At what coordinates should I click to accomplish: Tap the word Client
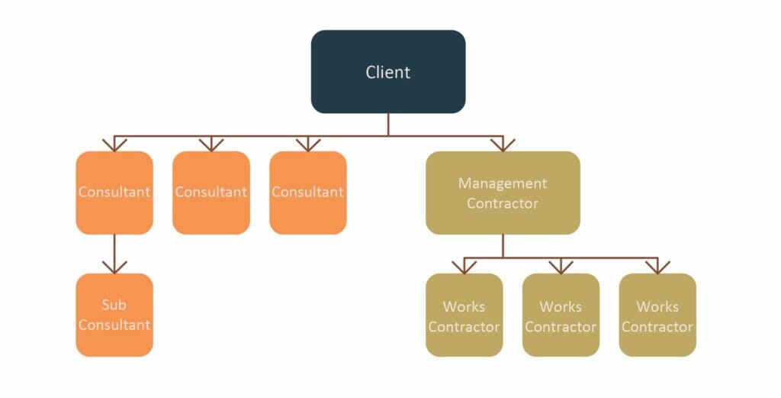pos(387,73)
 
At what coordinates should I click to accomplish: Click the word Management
pos(503,183)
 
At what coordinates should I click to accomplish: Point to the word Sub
pos(114,305)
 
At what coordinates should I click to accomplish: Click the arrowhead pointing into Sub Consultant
pos(114,267)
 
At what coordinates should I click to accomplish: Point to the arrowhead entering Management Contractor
pos(503,144)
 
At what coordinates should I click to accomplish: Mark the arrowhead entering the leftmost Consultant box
pos(114,144)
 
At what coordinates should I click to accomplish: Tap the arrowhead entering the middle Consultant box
pos(211,144)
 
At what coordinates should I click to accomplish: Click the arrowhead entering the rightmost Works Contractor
pos(657,267)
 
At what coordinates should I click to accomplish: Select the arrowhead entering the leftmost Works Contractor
pos(464,267)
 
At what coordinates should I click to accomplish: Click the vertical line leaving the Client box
pos(387,125)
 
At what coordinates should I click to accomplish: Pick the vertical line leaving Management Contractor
pos(503,246)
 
